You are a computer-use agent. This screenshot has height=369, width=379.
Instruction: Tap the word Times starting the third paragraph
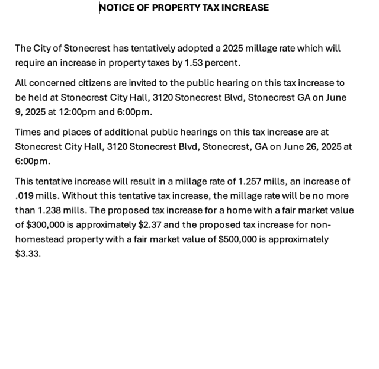tap(28, 132)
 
